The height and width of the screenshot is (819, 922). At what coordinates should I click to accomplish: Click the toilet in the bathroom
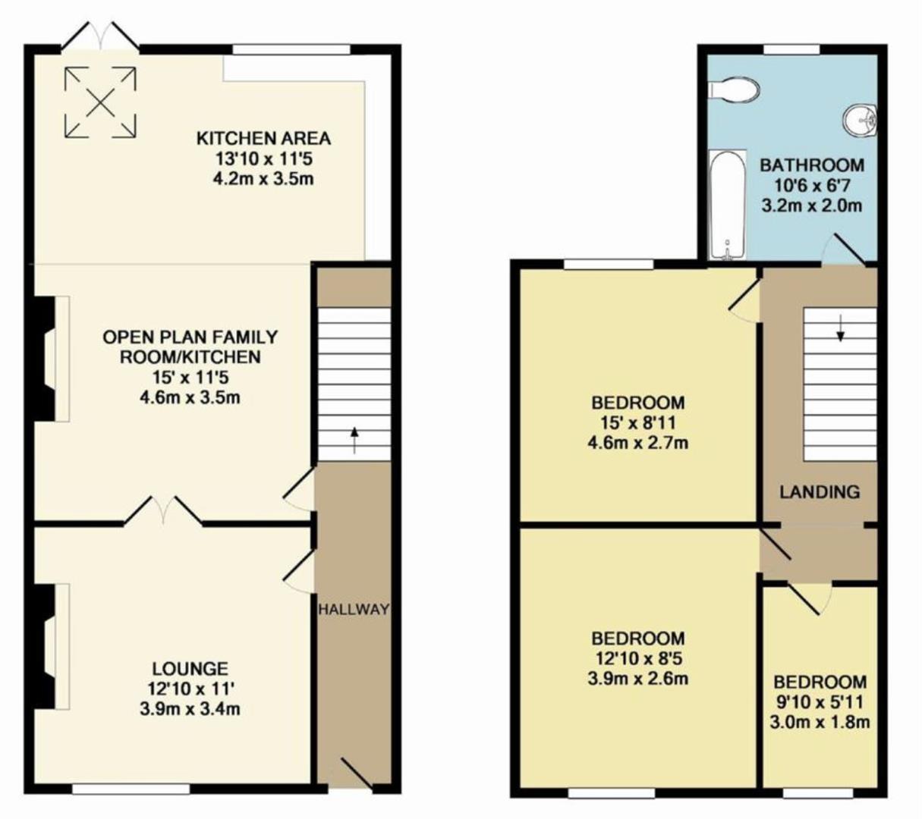coord(734,89)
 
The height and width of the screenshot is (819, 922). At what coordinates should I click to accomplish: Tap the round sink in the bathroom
coord(859,121)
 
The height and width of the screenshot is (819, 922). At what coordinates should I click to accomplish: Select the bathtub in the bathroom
coord(728,205)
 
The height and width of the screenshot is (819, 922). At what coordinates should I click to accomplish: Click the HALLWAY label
coord(354,609)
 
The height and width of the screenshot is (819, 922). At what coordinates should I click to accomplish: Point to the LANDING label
coord(820,491)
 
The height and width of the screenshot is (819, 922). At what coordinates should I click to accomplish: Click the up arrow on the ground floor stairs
coord(354,441)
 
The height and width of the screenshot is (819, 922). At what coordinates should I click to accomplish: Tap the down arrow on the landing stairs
coord(840,328)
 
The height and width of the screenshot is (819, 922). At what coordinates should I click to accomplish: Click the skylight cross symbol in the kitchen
coord(101,102)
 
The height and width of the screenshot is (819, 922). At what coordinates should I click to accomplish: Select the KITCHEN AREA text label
coord(263,138)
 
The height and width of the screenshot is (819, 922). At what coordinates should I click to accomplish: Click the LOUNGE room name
coord(190,669)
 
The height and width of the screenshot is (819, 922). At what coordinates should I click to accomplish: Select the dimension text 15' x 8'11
coord(637,423)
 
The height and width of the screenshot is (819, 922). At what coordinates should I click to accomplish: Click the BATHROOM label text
coord(812,165)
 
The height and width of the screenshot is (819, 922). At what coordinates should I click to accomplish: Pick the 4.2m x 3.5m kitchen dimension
coord(263,179)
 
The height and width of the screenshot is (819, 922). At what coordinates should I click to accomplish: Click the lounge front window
coord(131,789)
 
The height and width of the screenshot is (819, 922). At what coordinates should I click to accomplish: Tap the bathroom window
coord(791,49)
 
